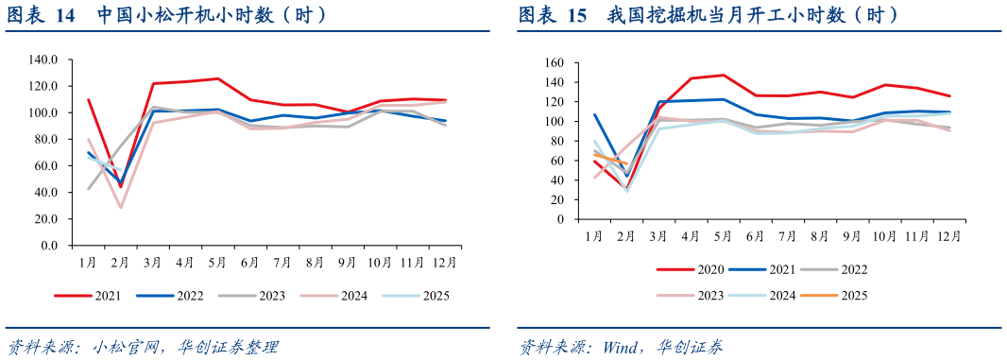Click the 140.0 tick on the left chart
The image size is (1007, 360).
point(43,60)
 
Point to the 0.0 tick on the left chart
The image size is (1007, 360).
point(48,246)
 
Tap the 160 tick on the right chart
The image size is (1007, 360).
point(554,63)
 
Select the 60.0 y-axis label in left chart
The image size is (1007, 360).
point(45,165)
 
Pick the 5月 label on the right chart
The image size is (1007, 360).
point(723,234)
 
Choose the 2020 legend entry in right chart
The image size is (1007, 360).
point(697,269)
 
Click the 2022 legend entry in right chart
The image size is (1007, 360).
point(853,269)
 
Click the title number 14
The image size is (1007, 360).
point(65,15)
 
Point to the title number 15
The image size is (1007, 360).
point(577,15)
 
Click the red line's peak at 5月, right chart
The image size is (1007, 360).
point(723,76)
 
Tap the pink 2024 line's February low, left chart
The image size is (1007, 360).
point(121,207)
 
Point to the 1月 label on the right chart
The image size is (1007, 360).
point(593,234)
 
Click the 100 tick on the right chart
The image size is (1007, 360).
point(554,122)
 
